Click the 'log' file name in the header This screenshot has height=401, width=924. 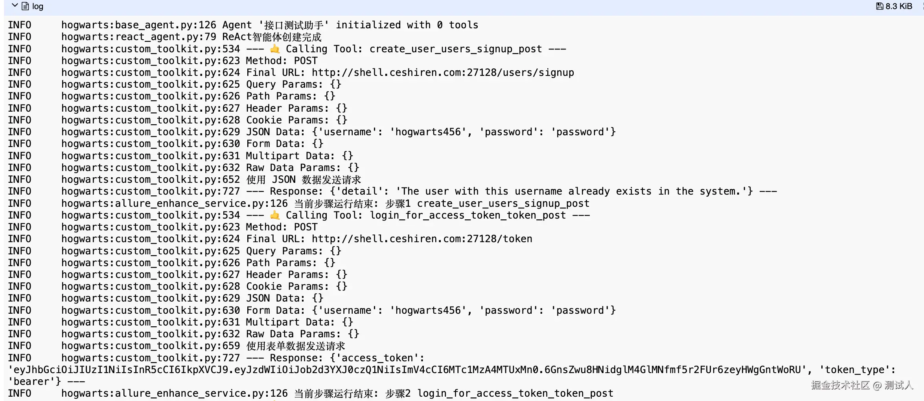[38, 6]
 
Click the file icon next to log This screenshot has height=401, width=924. [25, 6]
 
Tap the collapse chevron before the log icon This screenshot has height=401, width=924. [15, 6]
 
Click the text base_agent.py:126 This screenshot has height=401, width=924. [166, 25]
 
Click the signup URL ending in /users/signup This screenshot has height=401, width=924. [443, 73]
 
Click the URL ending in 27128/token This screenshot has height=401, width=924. [422, 239]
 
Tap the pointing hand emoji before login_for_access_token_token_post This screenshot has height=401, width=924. [275, 215]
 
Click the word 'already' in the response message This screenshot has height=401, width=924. [589, 191]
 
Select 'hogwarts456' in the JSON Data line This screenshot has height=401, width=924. [428, 132]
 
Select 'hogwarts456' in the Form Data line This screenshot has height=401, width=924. [428, 311]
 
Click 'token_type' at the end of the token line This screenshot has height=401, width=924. [857, 370]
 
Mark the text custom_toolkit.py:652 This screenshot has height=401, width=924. [177, 180]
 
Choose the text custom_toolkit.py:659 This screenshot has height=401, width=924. [177, 346]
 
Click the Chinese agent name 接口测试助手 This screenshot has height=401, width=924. [293, 25]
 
